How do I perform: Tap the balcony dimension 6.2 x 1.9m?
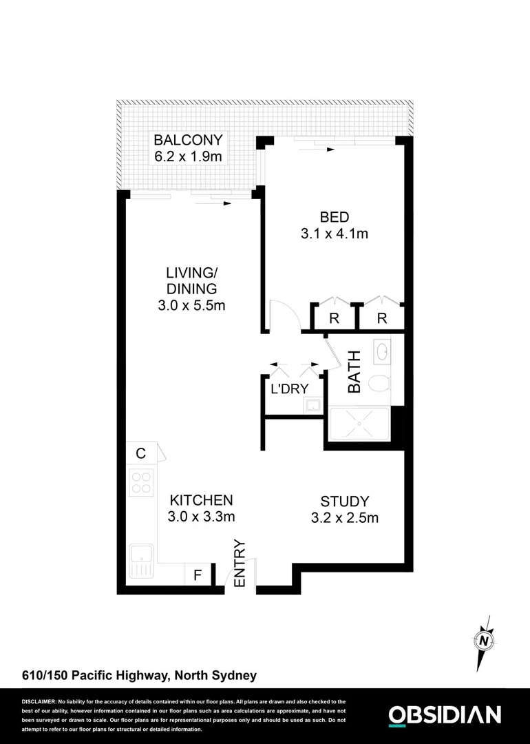coord(188,157)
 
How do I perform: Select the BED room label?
coord(334,216)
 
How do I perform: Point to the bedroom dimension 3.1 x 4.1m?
coord(334,234)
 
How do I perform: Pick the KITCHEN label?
coord(202,500)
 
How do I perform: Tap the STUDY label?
coord(345,502)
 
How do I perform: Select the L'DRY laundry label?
coord(289,388)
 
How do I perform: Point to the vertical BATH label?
coord(354,372)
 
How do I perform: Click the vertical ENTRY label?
coord(240,564)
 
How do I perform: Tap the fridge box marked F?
coord(197,575)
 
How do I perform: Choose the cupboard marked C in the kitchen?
coord(140,453)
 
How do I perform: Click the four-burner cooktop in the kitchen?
coord(142,481)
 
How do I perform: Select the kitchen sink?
coord(142,558)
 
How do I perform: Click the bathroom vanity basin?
coord(382,353)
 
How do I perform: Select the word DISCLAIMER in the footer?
coord(39,700)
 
